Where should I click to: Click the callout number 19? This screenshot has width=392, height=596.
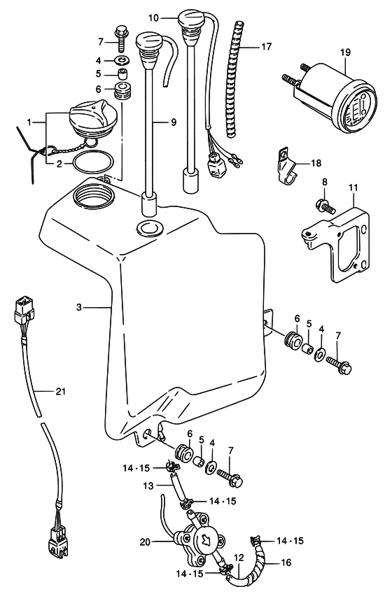coord(345,52)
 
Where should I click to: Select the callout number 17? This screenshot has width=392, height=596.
coord(267,46)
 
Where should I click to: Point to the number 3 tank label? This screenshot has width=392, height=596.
coord(78,306)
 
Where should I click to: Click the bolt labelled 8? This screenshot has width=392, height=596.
coord(324,206)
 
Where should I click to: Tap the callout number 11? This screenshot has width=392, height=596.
coord(353,187)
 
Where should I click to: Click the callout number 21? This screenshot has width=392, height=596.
coord(60,391)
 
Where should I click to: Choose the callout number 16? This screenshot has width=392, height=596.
coord(286,562)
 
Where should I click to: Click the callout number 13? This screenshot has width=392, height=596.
coord(148,485)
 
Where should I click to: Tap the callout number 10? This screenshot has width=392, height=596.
coord(153,17)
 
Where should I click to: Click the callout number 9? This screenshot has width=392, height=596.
coord(174,122)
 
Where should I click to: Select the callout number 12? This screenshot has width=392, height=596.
coord(239,558)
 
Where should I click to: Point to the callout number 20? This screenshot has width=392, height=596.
coord(145,541)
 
